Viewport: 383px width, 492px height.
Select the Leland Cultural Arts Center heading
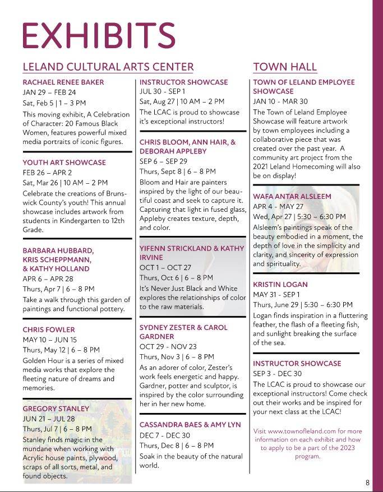pos(108,67)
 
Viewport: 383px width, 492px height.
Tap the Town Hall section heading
pos(285,67)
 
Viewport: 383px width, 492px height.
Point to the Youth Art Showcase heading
pos(64,163)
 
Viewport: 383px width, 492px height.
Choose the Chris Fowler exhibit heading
pos(49,329)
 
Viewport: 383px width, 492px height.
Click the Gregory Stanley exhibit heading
pos(56,409)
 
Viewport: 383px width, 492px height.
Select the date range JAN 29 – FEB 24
pos(49,92)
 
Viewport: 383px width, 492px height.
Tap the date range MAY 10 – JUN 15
pos(50,340)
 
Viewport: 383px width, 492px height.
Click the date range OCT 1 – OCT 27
pos(165,268)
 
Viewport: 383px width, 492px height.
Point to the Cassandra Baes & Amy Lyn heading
pos(190,425)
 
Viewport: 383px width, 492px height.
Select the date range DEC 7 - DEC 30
pos(165,435)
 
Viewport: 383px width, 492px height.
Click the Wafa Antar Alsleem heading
pos(292,197)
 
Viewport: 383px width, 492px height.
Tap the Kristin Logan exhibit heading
pos(280,284)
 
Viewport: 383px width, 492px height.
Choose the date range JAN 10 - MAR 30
pos(280,101)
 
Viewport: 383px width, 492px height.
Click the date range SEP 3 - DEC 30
pos(278,374)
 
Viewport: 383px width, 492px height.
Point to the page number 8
pos(367,482)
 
